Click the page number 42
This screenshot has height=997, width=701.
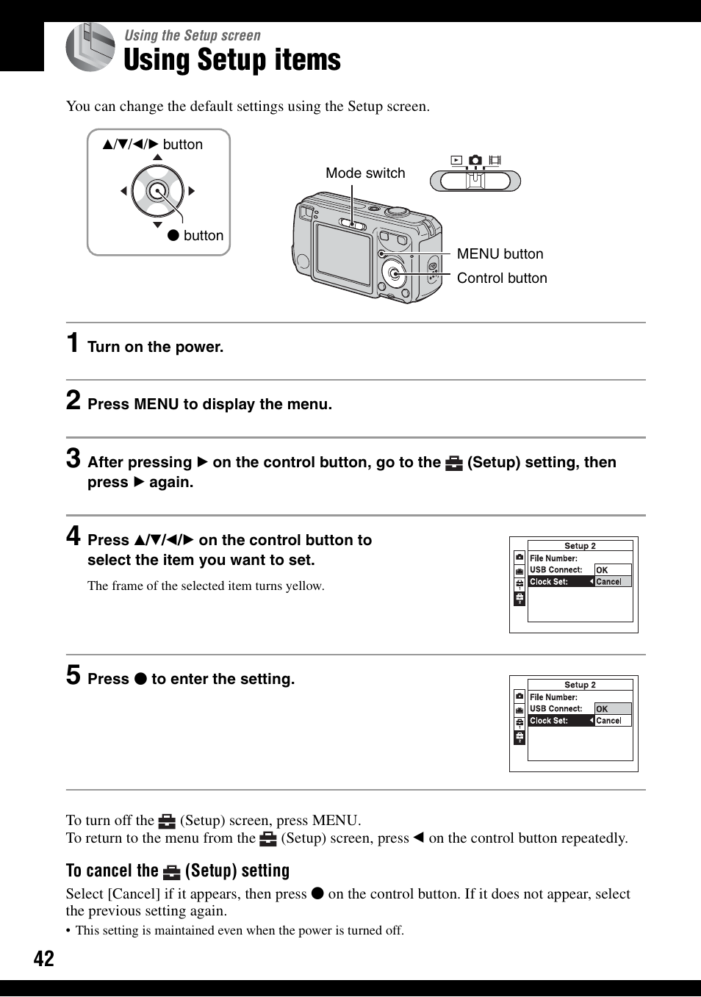click(43, 958)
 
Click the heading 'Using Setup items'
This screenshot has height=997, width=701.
click(232, 60)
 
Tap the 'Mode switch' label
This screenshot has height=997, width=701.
click(365, 173)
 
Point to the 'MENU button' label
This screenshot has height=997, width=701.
click(500, 254)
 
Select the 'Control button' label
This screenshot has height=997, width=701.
click(502, 278)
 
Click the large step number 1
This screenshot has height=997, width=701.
click(73, 343)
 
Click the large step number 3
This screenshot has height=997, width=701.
click(73, 458)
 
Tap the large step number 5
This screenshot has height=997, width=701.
click(73, 675)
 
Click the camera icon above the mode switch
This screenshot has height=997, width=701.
click(475, 160)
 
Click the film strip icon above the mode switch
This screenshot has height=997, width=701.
click(495, 160)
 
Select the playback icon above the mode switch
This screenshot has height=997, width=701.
click(456, 160)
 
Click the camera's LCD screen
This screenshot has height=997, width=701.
click(342, 253)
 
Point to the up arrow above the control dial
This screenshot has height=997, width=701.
click(157, 157)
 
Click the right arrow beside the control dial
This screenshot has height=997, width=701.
click(192, 191)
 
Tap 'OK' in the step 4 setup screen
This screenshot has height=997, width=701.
click(603, 570)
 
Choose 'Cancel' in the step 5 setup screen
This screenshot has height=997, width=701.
click(608, 721)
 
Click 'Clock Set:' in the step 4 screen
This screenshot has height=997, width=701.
click(549, 582)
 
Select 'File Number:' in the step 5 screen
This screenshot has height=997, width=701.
click(553, 697)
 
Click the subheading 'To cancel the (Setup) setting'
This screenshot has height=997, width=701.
click(178, 871)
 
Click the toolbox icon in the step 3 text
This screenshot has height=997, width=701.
click(454, 463)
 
